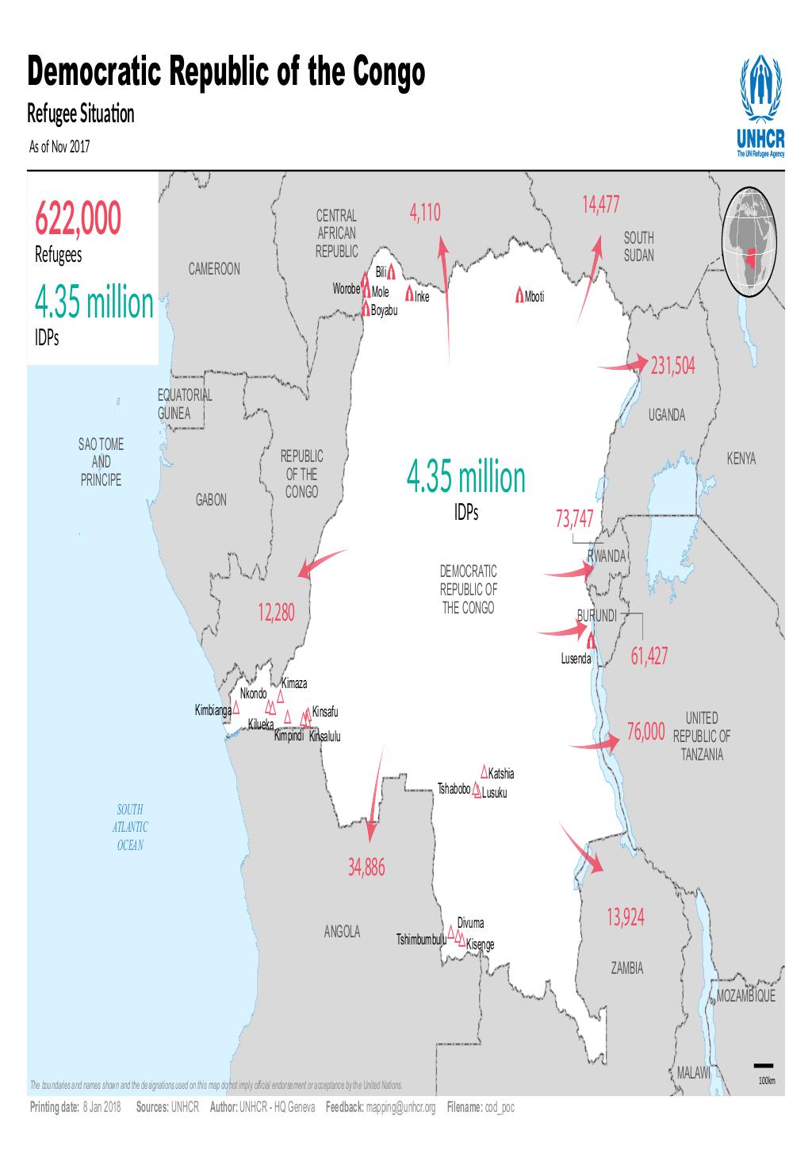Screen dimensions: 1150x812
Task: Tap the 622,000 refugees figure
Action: click(78, 220)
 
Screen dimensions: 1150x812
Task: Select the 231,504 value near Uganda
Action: click(672, 366)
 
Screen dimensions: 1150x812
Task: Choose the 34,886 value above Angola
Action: click(366, 868)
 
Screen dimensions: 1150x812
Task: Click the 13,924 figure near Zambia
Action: click(626, 918)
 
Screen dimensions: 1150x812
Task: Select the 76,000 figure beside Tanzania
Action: click(645, 734)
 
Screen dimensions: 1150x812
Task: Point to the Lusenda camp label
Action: click(575, 659)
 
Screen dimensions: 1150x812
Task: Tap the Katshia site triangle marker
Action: click(484, 771)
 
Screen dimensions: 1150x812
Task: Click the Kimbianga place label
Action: click(213, 709)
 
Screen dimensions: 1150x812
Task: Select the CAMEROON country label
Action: click(214, 269)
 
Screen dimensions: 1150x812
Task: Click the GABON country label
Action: click(211, 500)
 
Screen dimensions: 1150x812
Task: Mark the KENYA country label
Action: click(741, 460)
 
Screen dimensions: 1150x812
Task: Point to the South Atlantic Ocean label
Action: click(131, 827)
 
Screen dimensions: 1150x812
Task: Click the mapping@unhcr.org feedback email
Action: click(402, 1107)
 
